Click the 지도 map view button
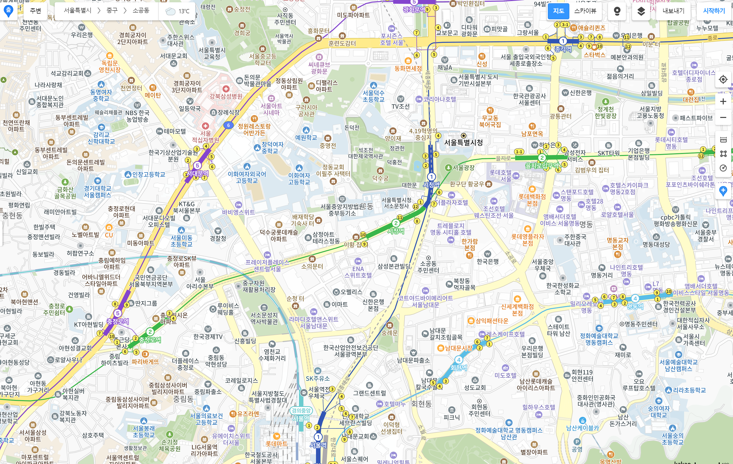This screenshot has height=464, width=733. click(558, 11)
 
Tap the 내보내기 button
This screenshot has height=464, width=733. click(673, 11)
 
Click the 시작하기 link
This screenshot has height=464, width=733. click(714, 11)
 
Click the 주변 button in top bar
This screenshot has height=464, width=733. click(35, 11)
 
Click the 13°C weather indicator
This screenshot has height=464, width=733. click(178, 11)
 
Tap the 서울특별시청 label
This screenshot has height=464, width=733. click(463, 142)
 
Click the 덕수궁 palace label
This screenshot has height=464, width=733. click(380, 178)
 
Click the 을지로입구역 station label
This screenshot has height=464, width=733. click(542, 166)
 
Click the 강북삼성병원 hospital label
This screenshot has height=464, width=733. click(226, 96)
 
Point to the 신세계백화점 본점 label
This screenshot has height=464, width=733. click(517, 310)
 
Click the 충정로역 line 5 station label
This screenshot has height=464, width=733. click(118, 321)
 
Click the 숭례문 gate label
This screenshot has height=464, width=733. click(389, 333)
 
